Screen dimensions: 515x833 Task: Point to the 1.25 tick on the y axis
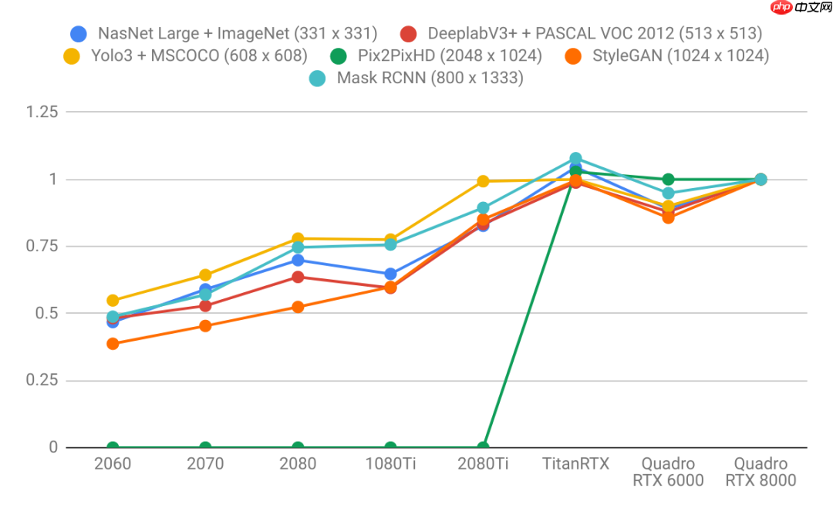tap(42, 112)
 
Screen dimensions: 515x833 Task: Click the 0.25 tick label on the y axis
tap(42, 380)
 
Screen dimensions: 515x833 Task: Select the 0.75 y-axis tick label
tap(42, 246)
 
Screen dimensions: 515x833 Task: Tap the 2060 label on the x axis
tap(113, 464)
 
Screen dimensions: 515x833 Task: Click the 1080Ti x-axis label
tap(390, 464)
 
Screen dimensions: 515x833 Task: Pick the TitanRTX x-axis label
tap(575, 464)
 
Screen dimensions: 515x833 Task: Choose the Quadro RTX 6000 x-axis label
tap(668, 472)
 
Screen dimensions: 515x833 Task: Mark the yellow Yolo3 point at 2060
tap(113, 301)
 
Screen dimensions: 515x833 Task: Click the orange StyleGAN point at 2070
tap(205, 326)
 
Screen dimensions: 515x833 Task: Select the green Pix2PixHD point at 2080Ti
tap(483, 447)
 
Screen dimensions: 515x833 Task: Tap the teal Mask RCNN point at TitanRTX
tap(575, 159)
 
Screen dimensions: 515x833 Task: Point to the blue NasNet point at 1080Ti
tap(390, 274)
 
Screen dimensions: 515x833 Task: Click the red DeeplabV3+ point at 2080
tap(298, 277)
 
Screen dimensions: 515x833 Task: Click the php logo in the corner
tap(781, 8)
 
